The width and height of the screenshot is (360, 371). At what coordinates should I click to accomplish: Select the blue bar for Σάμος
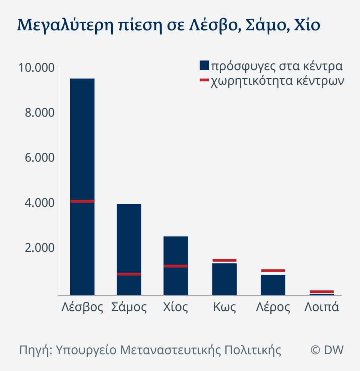[129, 240]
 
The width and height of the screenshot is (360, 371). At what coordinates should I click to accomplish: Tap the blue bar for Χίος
[175, 251]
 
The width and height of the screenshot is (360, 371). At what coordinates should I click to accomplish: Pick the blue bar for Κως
[224, 279]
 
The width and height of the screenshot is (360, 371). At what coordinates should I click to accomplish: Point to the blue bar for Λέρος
[273, 285]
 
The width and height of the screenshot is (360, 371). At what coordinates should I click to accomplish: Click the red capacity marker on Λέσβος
[82, 201]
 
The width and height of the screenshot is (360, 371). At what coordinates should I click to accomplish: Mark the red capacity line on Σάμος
[129, 274]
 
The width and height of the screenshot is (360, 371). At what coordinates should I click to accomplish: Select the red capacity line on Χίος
[175, 266]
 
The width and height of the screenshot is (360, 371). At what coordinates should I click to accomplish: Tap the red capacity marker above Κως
[224, 260]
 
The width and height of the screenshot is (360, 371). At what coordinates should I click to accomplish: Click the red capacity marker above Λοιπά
[322, 292]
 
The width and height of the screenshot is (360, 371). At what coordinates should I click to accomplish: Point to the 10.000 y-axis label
[36, 68]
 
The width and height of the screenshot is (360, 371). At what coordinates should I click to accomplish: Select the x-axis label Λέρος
[273, 307]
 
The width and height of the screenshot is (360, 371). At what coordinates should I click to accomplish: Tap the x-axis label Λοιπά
[322, 307]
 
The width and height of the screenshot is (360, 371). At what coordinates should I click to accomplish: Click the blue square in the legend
[204, 66]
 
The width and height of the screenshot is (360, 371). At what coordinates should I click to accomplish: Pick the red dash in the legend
[204, 80]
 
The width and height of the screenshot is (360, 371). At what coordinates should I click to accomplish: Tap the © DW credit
[327, 350]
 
